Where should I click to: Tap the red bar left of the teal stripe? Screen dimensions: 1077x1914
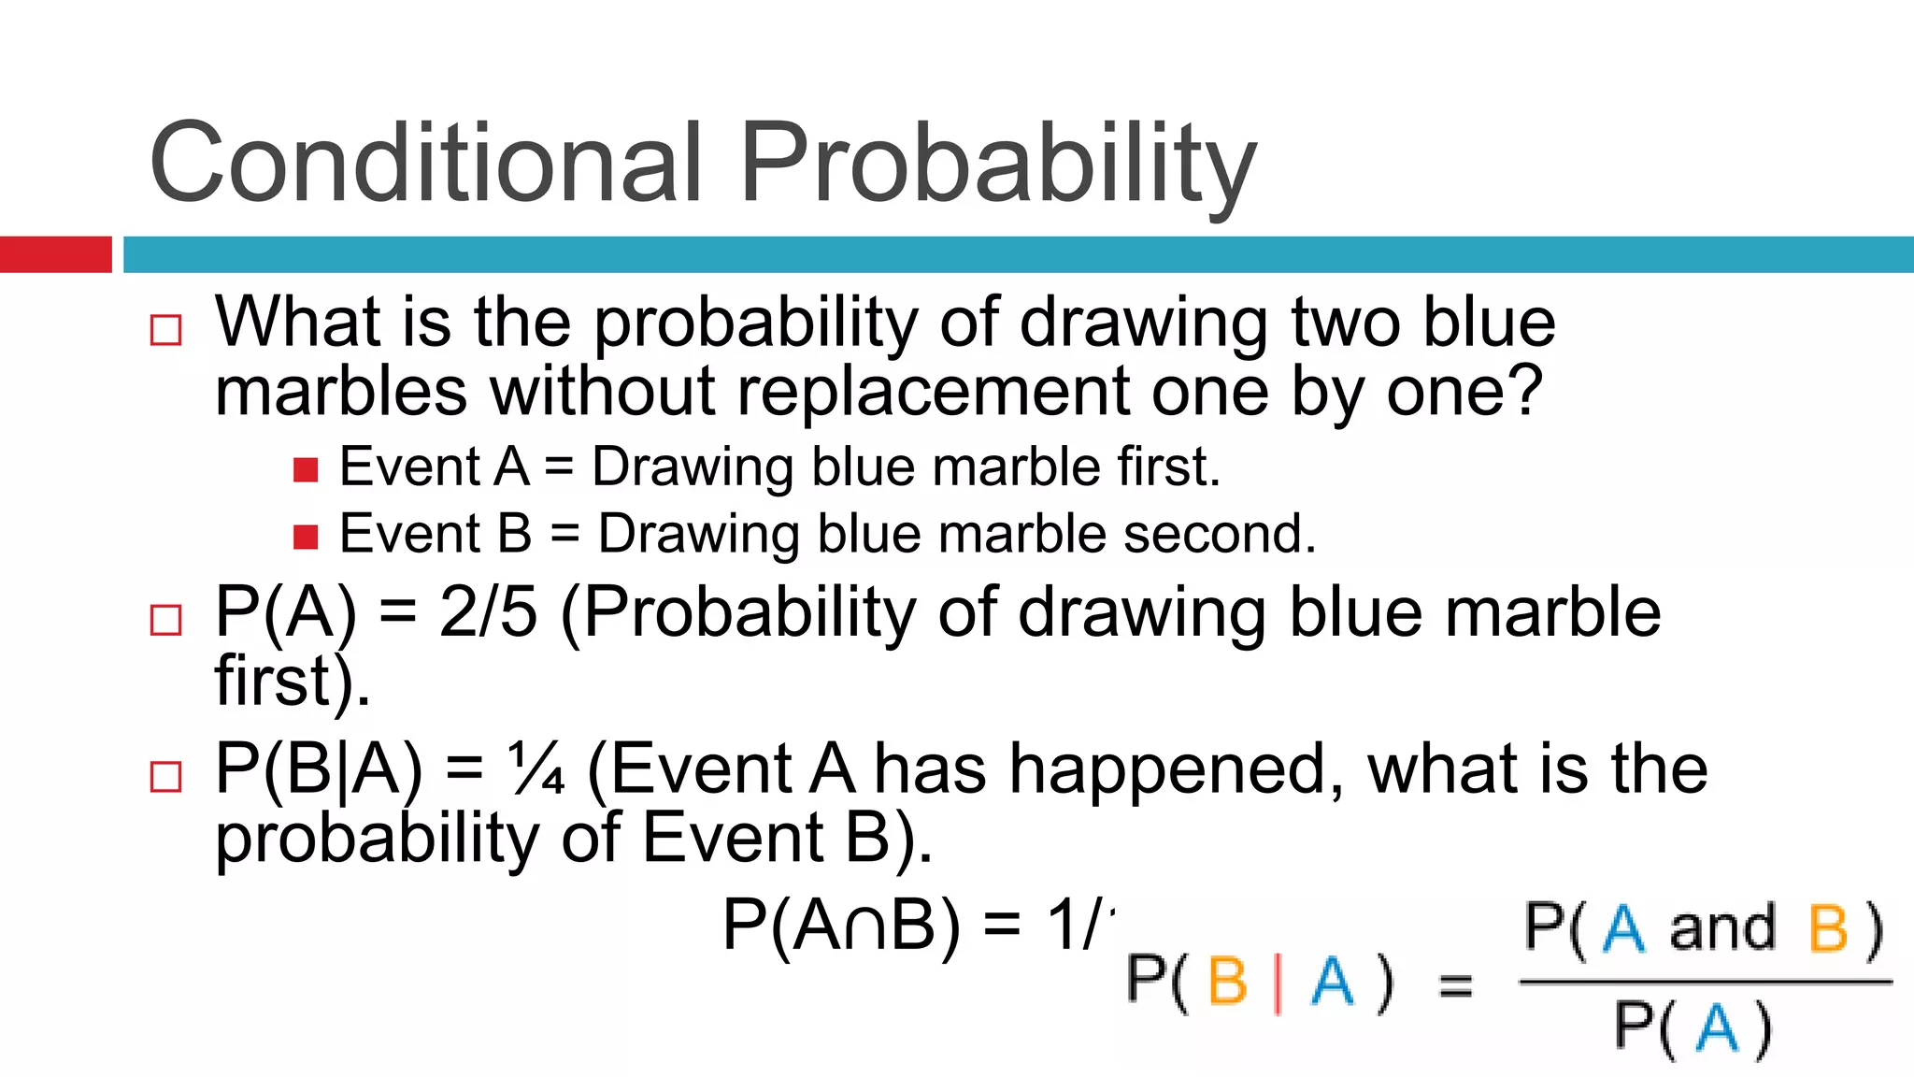tap(55, 254)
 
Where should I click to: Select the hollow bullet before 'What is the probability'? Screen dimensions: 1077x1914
tap(166, 331)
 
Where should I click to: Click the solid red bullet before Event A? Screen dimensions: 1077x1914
tap(306, 469)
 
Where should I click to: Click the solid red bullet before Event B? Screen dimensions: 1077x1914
tap(306, 537)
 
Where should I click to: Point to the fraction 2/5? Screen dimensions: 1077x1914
tap(488, 612)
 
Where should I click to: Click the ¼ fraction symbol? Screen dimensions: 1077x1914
tap(536, 769)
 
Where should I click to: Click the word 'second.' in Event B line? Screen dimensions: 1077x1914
tap(1220, 535)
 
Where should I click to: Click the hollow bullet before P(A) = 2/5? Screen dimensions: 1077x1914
tap(166, 620)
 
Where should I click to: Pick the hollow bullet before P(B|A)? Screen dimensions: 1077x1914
tap(166, 777)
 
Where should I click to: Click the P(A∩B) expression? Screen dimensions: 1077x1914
tap(841, 926)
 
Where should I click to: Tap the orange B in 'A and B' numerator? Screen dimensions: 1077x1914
tap(1828, 929)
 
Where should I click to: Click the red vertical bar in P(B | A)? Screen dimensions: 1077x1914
tap(1278, 983)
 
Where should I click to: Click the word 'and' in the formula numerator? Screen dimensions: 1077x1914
tap(1722, 929)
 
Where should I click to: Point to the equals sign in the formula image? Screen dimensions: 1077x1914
tap(1455, 984)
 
